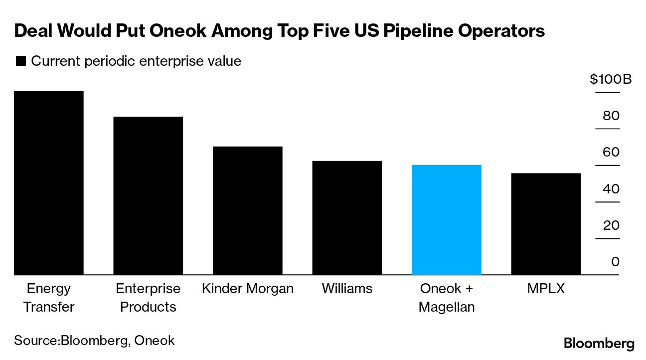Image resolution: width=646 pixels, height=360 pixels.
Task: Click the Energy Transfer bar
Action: [48, 182]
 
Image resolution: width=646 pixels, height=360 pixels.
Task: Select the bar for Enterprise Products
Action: [148, 195]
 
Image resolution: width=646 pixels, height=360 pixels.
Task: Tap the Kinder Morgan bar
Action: [248, 210]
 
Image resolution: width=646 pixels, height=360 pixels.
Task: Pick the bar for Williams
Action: [347, 217]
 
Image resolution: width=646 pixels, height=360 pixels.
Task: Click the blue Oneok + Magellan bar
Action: [447, 219]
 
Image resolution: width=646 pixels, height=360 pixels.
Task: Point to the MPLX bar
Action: [546, 224]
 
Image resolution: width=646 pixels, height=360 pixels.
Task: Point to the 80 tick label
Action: [611, 116]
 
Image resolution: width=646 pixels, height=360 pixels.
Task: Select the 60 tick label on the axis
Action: [611, 152]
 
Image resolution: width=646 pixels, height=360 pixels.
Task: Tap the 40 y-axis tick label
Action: [611, 189]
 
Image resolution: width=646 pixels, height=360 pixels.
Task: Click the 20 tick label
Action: [611, 225]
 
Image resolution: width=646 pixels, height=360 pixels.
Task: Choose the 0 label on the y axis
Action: [615, 262]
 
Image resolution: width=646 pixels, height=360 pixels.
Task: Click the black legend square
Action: [21, 61]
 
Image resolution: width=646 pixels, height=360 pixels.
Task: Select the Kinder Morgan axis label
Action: [248, 289]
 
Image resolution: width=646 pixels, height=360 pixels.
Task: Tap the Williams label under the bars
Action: [347, 289]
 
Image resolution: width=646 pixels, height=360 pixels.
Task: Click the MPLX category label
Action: [546, 289]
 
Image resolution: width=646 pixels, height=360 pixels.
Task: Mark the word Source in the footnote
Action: [36, 341]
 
